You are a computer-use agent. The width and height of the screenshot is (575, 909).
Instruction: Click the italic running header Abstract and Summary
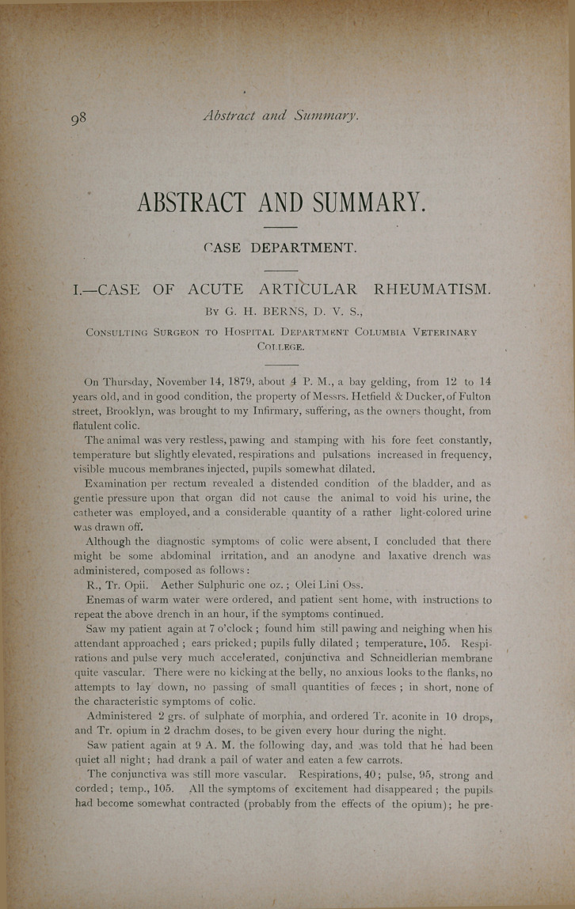tap(281, 116)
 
